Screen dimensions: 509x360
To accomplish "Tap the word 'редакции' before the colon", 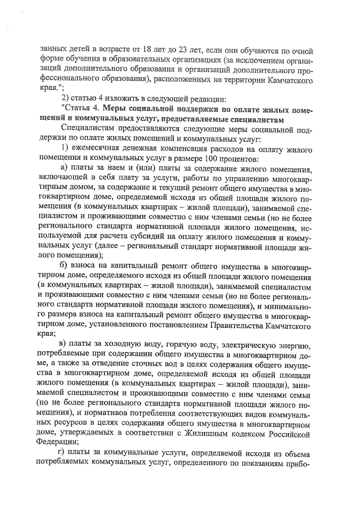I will point(207,100).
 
